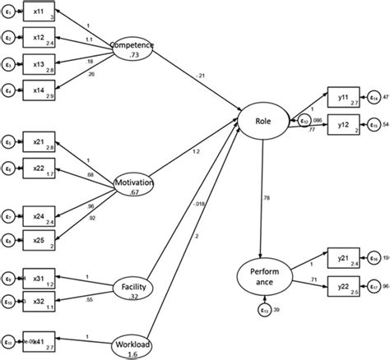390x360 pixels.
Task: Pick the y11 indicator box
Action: click(x=343, y=96)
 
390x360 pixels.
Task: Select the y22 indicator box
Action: click(x=343, y=287)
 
